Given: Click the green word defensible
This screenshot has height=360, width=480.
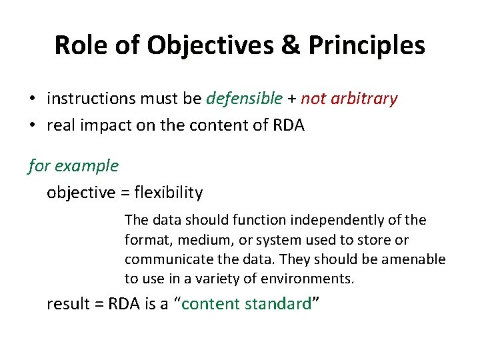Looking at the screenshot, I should point(245,99).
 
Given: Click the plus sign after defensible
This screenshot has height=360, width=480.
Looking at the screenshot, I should point(291,99).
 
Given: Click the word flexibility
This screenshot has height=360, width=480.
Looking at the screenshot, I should point(169,193).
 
